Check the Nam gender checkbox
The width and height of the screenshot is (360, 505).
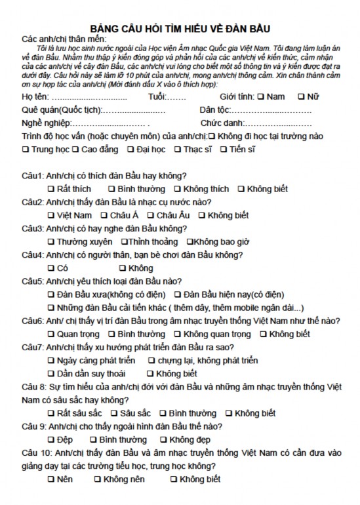tap(261, 96)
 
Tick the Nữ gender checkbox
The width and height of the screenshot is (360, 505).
tap(301, 96)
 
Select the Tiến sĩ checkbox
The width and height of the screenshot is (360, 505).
tap(225, 150)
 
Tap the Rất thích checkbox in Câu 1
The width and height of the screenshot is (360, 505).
tap(52, 189)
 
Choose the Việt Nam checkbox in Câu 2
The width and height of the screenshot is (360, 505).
tap(52, 215)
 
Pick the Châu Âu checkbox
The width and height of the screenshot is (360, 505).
tap(151, 215)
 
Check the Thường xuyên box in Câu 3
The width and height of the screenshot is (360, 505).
tap(52, 242)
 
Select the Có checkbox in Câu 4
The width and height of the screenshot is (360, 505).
tap(52, 268)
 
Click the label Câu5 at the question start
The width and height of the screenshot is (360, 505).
tap(33, 281)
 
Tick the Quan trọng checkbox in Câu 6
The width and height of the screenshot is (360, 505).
tap(52, 334)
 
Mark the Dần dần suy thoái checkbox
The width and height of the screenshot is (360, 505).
tap(52, 374)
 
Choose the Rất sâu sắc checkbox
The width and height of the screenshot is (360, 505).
tap(52, 413)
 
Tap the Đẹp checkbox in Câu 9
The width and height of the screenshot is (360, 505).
tap(52, 439)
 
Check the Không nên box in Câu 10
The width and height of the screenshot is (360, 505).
tap(98, 479)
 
